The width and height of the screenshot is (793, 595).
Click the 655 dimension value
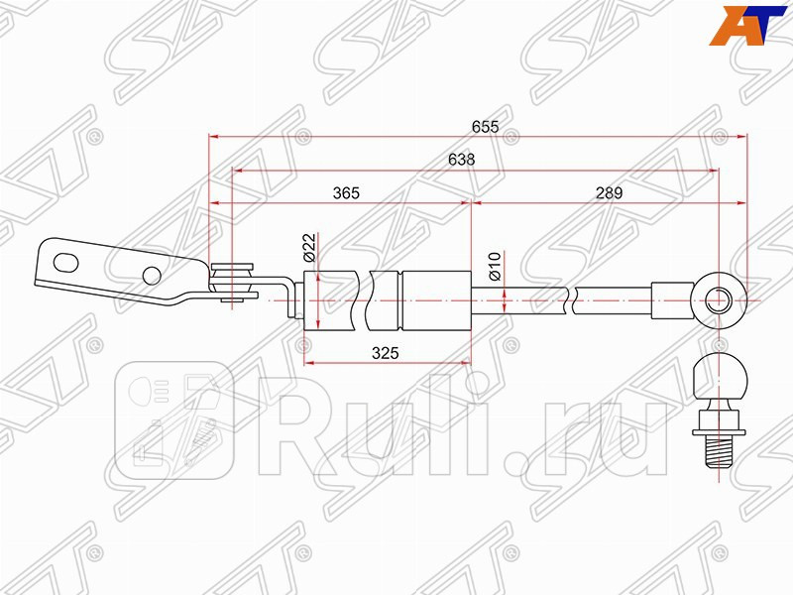(x=485, y=127)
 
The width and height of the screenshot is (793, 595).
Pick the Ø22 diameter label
(x=308, y=247)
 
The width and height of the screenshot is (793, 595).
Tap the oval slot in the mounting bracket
(x=66, y=262)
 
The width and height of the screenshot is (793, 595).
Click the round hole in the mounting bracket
(x=151, y=275)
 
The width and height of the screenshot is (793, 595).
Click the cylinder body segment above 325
(x=434, y=298)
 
